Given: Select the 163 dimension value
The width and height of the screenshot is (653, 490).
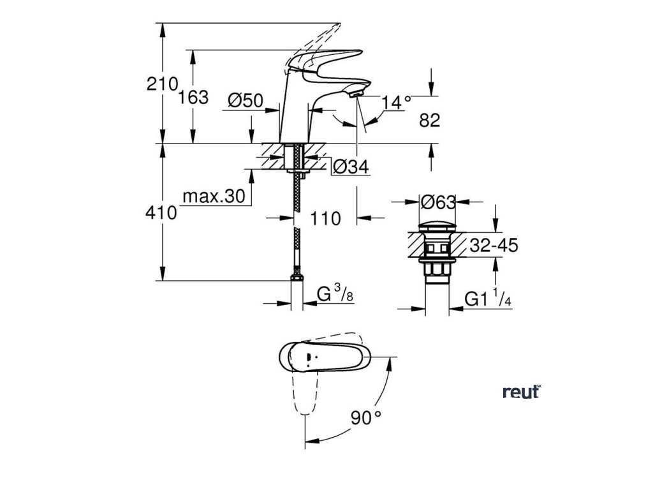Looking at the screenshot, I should pos(194,98).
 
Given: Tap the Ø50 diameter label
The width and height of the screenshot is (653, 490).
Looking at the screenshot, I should pos(245,100).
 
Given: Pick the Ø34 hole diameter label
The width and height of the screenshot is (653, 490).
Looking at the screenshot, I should pos(351,167).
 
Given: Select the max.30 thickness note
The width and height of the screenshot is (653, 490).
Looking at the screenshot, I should pos(214,197).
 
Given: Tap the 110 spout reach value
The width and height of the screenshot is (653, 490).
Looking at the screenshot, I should pos(325,218).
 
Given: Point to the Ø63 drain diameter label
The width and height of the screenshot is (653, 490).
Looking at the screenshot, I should pos(439,202).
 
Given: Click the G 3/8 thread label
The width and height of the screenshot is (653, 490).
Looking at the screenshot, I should pos(335,295).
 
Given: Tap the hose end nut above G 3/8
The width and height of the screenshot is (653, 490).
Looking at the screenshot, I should pos(297,278).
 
